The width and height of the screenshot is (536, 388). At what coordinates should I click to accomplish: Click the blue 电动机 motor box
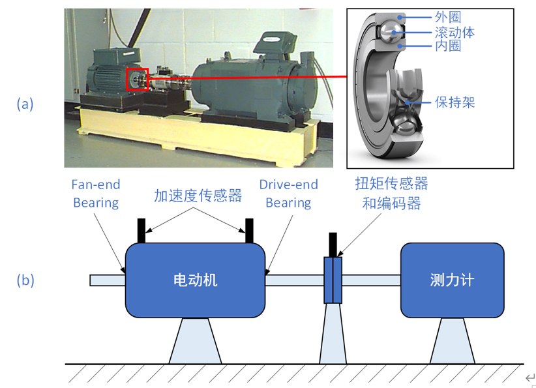coord(195,280)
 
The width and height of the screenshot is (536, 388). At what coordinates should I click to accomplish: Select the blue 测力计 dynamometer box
coord(452,280)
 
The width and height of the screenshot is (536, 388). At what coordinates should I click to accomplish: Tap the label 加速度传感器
coord(198,195)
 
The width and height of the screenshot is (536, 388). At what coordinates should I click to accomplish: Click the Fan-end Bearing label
coord(96,194)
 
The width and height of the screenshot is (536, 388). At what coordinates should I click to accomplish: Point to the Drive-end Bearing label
coord(288,194)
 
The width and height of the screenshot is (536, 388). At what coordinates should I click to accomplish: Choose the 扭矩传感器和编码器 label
coord(391,193)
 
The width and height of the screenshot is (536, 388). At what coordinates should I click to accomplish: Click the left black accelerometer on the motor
coord(141,230)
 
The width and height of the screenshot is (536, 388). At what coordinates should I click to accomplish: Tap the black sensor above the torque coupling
coord(333,245)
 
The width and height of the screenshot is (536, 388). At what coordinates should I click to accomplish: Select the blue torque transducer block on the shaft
coord(333,280)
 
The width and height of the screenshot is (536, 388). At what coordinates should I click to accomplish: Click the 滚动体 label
coord(454,31)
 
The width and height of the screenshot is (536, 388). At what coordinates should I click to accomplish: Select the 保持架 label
coord(454,103)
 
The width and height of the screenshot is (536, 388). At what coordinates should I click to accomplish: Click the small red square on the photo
coord(138,80)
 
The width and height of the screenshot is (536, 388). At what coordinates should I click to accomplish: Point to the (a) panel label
coord(25,104)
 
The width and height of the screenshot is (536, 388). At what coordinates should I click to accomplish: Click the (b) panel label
coord(25,280)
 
